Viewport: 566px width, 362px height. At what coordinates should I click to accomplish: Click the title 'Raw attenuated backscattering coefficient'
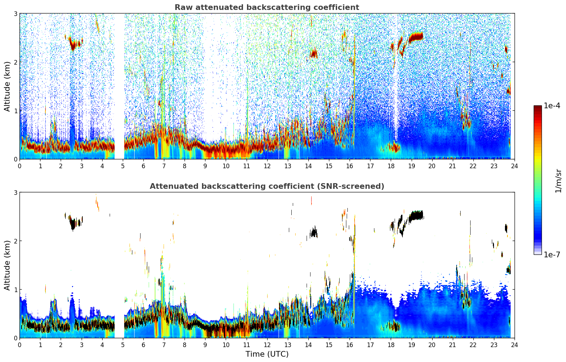pyautogui.click(x=266, y=7)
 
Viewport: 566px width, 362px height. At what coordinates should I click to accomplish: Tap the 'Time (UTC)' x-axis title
pyautogui.click(x=267, y=354)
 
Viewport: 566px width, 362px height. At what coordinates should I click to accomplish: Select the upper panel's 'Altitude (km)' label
pyautogui.click(x=7, y=86)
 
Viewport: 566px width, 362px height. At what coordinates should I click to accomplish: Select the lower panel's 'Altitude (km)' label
pyautogui.click(x=7, y=265)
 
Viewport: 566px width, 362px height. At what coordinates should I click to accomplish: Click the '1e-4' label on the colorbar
pyautogui.click(x=552, y=106)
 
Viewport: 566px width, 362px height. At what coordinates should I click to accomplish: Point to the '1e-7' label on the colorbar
pyautogui.click(x=552, y=254)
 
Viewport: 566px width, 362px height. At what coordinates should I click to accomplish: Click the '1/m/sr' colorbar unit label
pyautogui.click(x=558, y=181)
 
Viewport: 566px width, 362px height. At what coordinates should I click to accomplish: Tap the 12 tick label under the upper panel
pyautogui.click(x=267, y=166)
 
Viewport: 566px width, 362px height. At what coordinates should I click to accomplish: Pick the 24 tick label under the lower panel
pyautogui.click(x=514, y=345)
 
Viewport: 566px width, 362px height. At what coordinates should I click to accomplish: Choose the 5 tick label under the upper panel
pyautogui.click(x=123, y=166)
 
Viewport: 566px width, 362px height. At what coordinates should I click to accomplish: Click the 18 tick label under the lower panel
pyautogui.click(x=391, y=345)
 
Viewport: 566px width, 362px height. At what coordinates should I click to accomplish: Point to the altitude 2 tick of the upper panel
pyautogui.click(x=16, y=62)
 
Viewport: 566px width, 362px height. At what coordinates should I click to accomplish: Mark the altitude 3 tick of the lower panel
pyautogui.click(x=16, y=192)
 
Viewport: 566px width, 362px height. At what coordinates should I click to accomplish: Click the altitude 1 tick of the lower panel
pyautogui.click(x=16, y=290)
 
